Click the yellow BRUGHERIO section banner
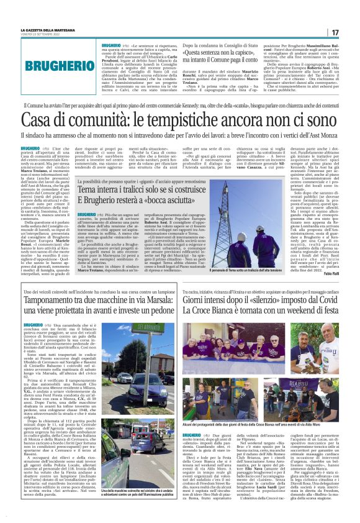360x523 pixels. [47, 65]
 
